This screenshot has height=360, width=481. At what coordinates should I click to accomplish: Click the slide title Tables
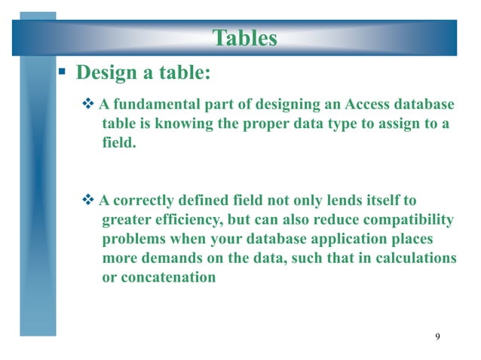[x=244, y=38]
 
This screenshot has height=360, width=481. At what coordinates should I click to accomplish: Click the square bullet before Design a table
[x=64, y=73]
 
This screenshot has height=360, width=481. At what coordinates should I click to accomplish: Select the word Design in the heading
[x=106, y=73]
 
